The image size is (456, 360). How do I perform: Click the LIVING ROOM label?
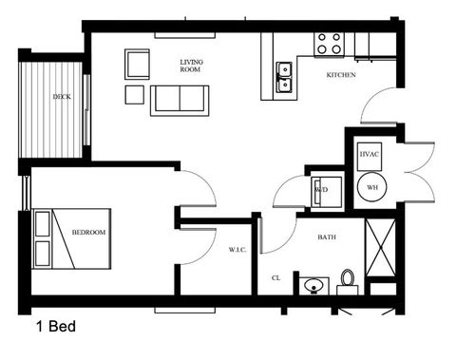pyautogui.click(x=192, y=66)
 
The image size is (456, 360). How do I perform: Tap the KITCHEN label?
pyautogui.click(x=341, y=75)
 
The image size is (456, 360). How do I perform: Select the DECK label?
pyautogui.click(x=62, y=97)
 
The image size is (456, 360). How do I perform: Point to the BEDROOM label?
pyautogui.click(x=88, y=233)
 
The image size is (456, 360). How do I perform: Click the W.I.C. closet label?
pyautogui.click(x=237, y=250)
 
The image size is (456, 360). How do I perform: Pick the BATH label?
pyautogui.click(x=327, y=237)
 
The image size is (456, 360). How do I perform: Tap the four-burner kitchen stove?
pyautogui.click(x=329, y=42)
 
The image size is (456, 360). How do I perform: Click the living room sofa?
pyautogui.click(x=179, y=99)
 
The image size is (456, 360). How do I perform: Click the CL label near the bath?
pyautogui.click(x=275, y=278)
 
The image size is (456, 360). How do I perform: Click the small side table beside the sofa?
pyautogui.click(x=134, y=94)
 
